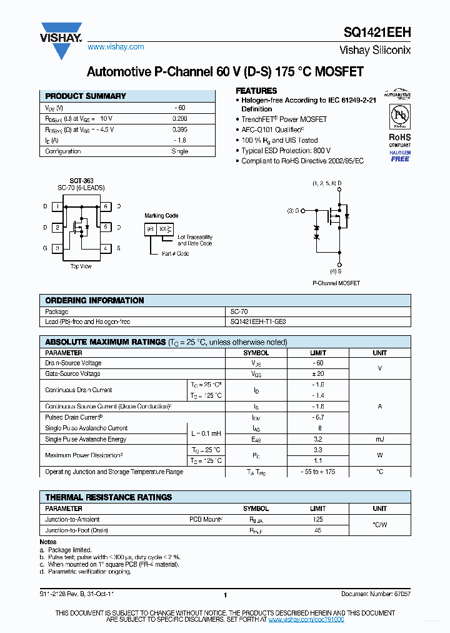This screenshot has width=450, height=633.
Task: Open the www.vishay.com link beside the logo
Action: [116, 47]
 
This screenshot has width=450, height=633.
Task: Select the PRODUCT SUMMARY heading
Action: [86, 96]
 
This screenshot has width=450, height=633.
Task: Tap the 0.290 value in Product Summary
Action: [179, 118]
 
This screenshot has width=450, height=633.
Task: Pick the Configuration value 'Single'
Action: [179, 151]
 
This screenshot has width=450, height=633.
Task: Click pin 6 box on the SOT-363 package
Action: [105, 206]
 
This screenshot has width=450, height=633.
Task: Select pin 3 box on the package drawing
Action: [57, 248]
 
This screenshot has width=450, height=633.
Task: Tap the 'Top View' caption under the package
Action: [81, 266]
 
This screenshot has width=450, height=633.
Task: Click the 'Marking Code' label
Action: [161, 216]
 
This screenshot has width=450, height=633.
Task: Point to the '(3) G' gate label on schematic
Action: [294, 211]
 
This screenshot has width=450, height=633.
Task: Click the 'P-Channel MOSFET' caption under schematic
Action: [336, 283]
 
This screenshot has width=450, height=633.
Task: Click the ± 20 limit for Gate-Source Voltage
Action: [318, 373]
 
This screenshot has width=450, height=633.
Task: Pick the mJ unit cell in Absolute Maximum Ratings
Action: [379, 439]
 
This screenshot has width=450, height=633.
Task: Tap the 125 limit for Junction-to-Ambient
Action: [318, 519]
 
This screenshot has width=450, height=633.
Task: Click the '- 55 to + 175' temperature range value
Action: [318, 472]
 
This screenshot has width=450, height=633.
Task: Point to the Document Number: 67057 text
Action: [376, 594]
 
